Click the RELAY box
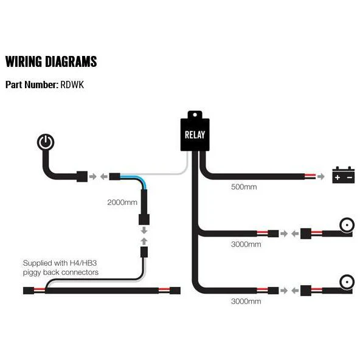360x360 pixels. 195,134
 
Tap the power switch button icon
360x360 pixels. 46,142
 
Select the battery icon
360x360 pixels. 344,175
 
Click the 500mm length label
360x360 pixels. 244,187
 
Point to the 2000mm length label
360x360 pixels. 122,202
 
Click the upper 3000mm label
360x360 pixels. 246,244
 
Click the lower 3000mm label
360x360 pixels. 246,301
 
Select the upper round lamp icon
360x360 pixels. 347,225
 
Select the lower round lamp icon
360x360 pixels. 347,282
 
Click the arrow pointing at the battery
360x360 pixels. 321,176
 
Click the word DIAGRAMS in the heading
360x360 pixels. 71,61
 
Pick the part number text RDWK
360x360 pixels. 72,85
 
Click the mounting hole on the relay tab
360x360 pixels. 195,114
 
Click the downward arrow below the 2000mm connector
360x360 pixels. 144,230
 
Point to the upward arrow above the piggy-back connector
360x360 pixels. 144,241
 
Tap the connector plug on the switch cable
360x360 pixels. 82,176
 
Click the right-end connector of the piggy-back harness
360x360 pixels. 175,291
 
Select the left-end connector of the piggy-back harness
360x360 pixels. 29,291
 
